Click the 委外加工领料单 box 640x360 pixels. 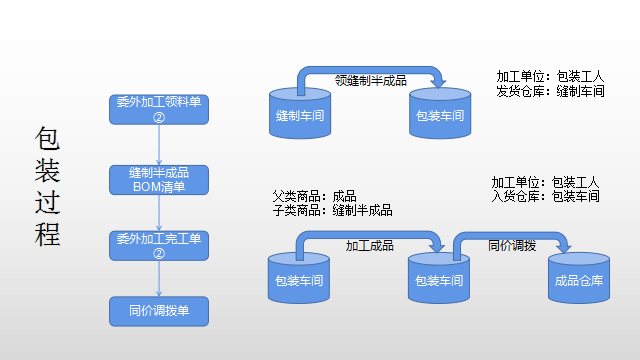tap(158, 108)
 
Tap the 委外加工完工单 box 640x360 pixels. tap(158, 246)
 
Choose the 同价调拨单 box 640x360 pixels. tap(158, 311)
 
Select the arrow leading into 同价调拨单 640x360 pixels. tap(158, 279)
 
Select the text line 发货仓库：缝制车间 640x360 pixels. tap(550, 91)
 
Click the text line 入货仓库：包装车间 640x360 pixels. tap(545, 197)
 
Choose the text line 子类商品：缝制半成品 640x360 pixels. tap(332, 210)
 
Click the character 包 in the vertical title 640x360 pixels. tap(48, 139)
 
